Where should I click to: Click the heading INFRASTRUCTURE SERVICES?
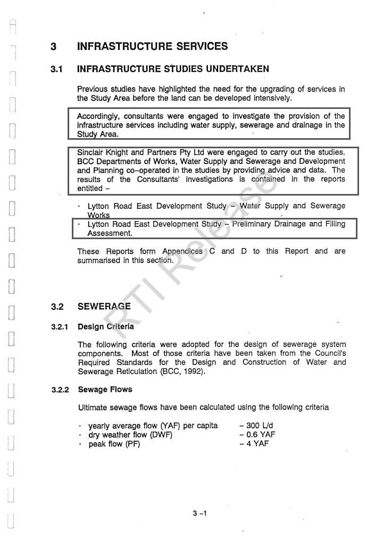(152, 46)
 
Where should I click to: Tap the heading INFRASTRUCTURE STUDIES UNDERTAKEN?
(173, 69)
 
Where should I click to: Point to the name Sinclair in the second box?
(90, 153)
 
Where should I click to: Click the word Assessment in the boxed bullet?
(110, 233)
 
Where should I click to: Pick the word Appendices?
(182, 251)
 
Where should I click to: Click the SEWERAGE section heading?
(104, 307)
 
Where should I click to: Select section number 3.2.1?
(60, 327)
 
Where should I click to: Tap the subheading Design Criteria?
(106, 326)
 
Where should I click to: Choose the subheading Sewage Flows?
(105, 390)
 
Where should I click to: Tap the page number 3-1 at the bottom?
(199, 513)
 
